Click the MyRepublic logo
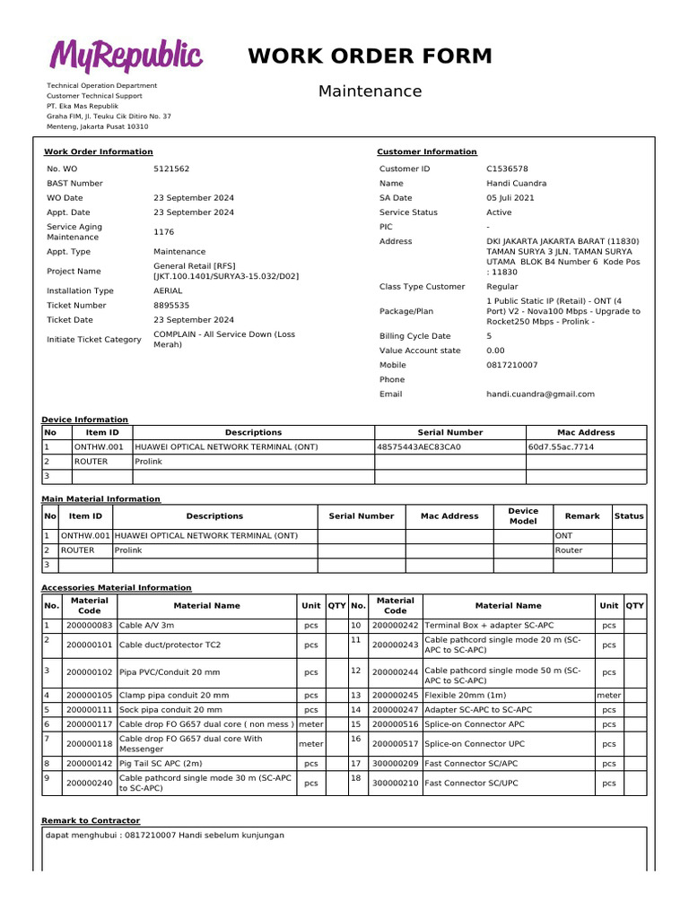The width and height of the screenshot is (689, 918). tap(125, 56)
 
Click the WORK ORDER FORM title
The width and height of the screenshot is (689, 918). tap(370, 56)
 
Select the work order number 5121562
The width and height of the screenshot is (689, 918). tap(171, 169)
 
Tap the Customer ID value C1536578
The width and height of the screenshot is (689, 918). tap(507, 169)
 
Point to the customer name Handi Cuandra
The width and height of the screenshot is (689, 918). tap(516, 183)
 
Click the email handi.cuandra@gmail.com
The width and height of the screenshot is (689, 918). tap(540, 394)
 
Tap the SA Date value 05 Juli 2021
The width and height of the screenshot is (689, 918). tap(510, 197)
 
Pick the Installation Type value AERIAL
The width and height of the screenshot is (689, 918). tap(169, 290)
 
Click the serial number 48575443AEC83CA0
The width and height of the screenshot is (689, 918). tap(418, 446)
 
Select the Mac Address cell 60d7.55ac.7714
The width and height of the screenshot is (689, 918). tap(561, 446)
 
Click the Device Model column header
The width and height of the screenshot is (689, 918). tap(523, 516)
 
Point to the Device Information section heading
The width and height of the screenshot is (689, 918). tap(85, 420)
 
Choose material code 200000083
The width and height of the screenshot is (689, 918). tap(89, 625)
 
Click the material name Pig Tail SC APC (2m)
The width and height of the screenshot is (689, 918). tap(161, 764)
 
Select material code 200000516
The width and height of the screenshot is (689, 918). tap(395, 724)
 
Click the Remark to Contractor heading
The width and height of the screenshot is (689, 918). tap(91, 820)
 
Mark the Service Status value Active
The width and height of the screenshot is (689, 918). tap(499, 212)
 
